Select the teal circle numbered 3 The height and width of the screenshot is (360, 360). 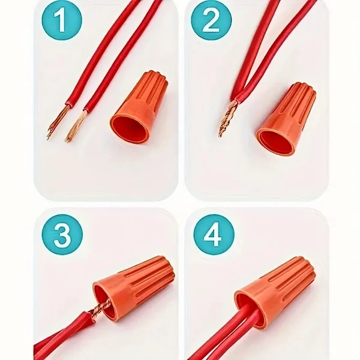point(62,235)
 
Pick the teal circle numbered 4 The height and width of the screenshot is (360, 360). point(214,235)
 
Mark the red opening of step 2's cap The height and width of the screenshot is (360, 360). point(275,141)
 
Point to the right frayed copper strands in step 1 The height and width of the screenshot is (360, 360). point(75,126)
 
